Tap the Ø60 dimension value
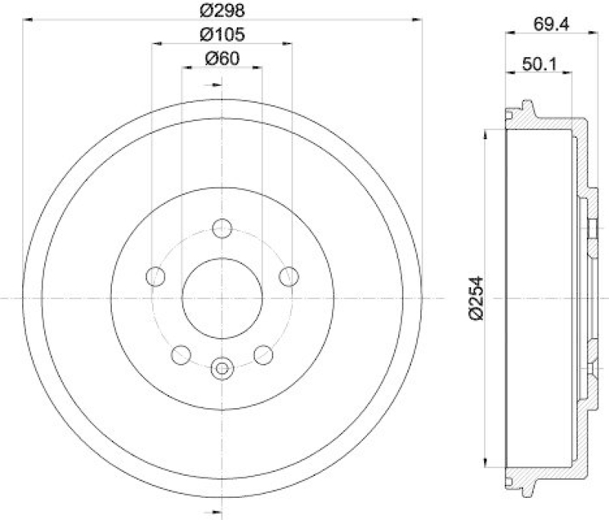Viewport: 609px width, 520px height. tap(221, 59)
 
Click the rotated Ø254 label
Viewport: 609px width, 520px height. tap(477, 297)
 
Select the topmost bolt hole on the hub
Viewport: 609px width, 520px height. tap(222, 228)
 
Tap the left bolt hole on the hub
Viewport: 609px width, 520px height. tap(156, 276)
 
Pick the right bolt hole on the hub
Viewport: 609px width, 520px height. tap(288, 276)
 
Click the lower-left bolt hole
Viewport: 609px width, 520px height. tap(181, 353)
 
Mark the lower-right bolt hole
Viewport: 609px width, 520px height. tap(263, 353)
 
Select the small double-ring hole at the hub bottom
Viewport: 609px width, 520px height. tap(222, 369)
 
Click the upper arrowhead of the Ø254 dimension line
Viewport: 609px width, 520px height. tap(486, 134)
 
